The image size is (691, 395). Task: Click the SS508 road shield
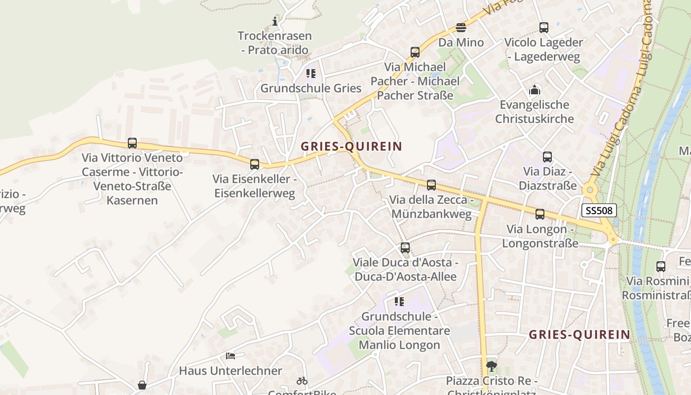point(599,210)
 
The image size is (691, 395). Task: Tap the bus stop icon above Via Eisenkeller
point(255,164)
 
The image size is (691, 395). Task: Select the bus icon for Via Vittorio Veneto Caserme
point(132,143)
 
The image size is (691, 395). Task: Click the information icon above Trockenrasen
point(275,21)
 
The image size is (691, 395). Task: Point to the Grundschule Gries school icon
point(310,74)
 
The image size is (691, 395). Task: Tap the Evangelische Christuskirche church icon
point(535,90)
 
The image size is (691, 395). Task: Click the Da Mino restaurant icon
point(461,27)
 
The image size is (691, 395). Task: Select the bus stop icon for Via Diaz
point(547,157)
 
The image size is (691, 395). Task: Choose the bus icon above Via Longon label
point(540,214)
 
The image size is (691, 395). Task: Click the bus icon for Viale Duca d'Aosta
point(405,248)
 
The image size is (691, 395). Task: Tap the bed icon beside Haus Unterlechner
point(230,355)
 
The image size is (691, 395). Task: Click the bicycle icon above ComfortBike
point(302,381)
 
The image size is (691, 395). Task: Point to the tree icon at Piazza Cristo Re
point(491,366)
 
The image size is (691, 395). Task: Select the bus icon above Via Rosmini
point(661,266)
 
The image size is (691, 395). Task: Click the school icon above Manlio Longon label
point(399,301)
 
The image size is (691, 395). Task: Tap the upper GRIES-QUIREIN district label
point(351,146)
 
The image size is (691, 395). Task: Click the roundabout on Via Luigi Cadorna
point(589,190)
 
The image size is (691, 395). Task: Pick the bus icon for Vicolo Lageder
point(544,28)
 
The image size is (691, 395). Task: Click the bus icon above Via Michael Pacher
point(415,52)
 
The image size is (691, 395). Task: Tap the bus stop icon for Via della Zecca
point(431,185)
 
